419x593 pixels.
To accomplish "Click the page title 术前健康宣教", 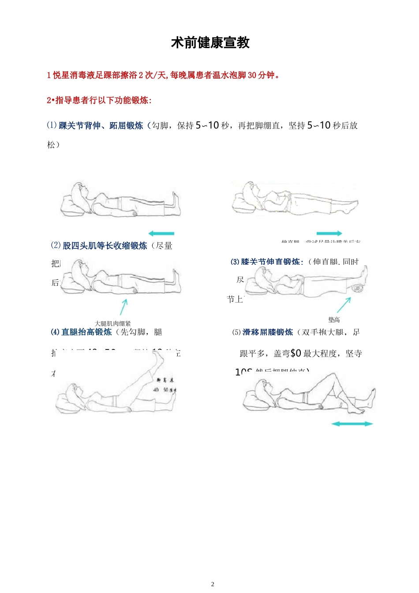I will click(210, 43).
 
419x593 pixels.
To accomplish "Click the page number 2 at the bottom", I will click(213, 584).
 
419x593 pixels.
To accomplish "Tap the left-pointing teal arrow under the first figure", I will click(161, 233).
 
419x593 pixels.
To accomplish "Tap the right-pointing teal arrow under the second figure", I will click(329, 233).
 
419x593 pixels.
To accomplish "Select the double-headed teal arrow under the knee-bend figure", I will click(352, 424).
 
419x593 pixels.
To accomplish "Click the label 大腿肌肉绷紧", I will click(113, 323).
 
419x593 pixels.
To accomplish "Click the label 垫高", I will click(334, 320).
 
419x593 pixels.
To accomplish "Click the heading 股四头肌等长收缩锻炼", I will click(105, 246).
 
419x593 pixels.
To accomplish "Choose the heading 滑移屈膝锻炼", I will click(268, 332).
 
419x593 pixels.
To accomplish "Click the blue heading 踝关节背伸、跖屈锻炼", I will click(101, 126).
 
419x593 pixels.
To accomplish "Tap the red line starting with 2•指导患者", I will click(99, 100).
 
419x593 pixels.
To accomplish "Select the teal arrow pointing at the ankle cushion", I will click(344, 305).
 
